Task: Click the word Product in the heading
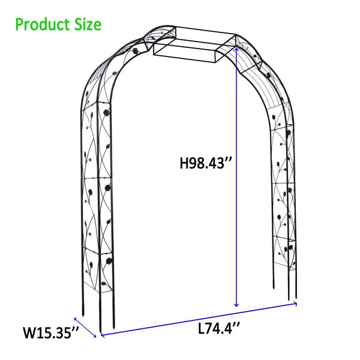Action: tap(41, 25)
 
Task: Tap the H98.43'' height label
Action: tap(205, 163)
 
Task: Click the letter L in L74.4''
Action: tap(201, 329)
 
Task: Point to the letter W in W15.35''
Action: tap(29, 331)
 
